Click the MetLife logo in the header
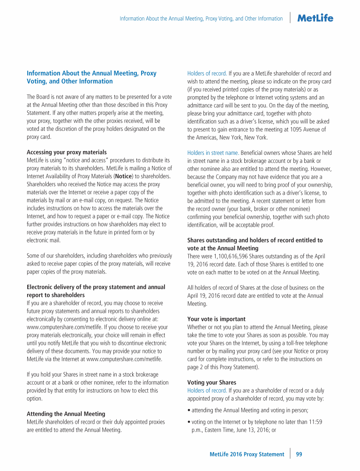pyautogui.click(x=315, y=18)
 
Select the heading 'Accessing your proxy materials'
pyautogui.click(x=67, y=152)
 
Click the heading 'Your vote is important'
pyautogui.click(x=216, y=319)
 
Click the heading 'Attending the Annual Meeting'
pyautogui.click(x=65, y=414)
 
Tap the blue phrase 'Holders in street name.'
pyautogui.click(x=213, y=152)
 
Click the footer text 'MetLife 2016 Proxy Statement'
pyautogui.click(x=247, y=454)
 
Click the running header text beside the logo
pyautogui.click(x=201, y=19)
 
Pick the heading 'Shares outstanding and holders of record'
pyautogui.click(x=255, y=240)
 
